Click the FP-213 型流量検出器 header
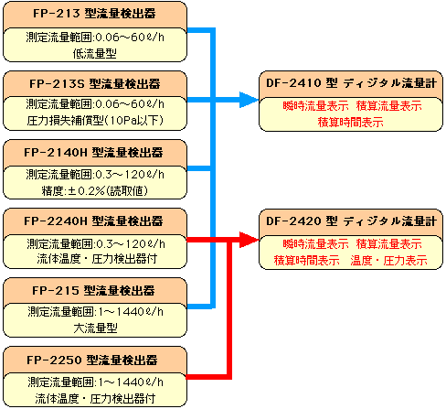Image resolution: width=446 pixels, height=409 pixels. tap(94, 14)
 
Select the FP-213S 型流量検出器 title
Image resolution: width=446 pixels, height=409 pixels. tap(95, 84)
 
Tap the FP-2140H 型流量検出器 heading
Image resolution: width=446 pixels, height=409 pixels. tap(93, 153)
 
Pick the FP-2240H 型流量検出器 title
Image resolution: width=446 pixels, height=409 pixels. tap(93, 221)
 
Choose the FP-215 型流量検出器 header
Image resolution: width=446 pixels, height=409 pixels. tap(93, 291)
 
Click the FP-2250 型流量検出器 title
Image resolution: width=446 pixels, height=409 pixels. tap(92, 361)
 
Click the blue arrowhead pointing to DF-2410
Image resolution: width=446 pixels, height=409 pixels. tap(249, 100)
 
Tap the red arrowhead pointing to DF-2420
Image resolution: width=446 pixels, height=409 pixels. tap(249, 240)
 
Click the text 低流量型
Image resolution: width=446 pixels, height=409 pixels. tap(95, 54)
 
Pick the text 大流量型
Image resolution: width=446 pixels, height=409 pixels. tap(95, 328)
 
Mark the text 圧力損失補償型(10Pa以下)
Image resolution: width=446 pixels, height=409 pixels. tap(95, 121)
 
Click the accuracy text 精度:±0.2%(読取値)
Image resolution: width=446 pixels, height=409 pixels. tap(95, 191)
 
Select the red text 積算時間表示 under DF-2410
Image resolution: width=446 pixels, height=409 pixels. tap(351, 123)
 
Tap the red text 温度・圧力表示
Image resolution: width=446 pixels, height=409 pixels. tap(389, 261)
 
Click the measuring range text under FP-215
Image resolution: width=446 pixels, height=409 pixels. tap(95, 312)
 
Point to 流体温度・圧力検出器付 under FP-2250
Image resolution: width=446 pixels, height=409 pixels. tap(95, 399)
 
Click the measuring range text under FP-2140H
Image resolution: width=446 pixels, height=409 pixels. tap(95, 175)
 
